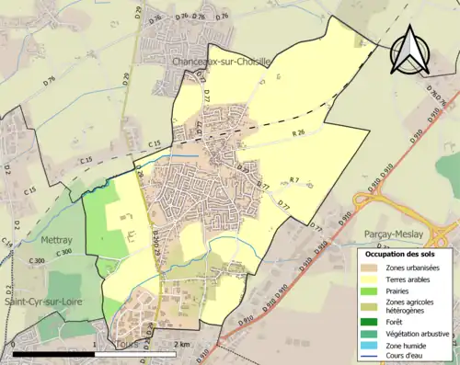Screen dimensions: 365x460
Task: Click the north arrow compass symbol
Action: (x=410, y=51)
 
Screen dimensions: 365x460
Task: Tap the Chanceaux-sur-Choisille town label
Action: (x=220, y=62)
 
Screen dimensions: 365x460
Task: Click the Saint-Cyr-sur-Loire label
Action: (x=51, y=302)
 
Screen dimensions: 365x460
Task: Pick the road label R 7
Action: (x=293, y=178)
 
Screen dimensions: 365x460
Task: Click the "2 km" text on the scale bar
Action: (x=181, y=343)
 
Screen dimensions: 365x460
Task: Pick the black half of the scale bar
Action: (x=55, y=351)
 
